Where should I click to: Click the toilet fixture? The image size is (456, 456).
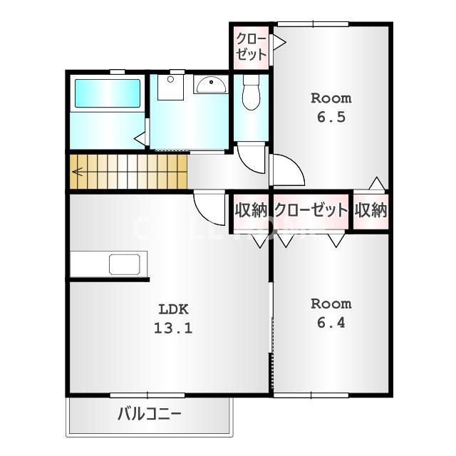[250, 95]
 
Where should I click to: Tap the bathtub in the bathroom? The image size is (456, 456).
[107, 94]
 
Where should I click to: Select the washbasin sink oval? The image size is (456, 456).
[210, 86]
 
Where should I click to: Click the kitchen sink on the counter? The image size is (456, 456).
[125, 265]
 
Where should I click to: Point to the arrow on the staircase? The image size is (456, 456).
[77, 172]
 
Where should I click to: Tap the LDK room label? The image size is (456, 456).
[172, 310]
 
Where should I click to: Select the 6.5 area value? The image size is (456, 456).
[331, 117]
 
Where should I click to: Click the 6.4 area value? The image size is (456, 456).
[331, 322]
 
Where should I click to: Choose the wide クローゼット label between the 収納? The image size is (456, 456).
[311, 210]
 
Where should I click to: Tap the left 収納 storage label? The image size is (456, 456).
[251, 210]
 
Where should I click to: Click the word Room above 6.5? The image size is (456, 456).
[331, 98]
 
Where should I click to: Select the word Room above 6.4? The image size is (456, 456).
[331, 304]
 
